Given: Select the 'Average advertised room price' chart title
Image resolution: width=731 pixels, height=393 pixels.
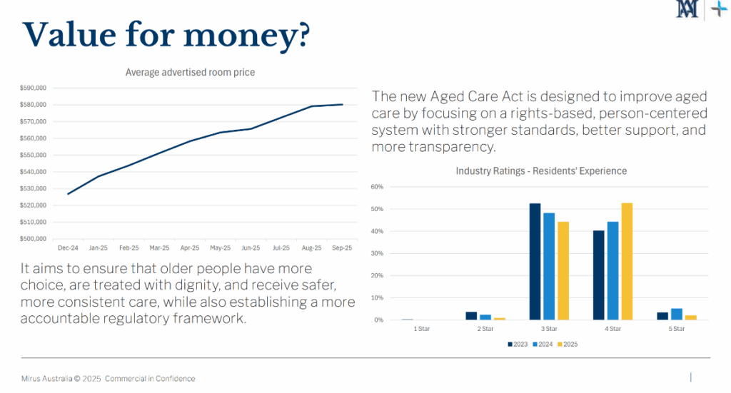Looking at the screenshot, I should point(190,72).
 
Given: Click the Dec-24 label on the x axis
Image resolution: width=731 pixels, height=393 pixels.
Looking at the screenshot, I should point(68,248).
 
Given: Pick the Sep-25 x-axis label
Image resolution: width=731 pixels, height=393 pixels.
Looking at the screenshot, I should point(342,248).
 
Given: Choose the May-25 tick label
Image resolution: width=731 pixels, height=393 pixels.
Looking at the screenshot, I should point(220,248).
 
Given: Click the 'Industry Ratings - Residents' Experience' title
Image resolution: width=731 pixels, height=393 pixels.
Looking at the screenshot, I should point(541,171).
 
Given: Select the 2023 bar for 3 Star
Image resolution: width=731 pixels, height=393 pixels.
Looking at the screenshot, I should point(535,262).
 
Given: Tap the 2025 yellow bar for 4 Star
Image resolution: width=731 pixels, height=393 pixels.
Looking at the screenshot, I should point(627,262).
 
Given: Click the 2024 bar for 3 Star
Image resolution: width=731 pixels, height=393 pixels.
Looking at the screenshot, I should point(549,266).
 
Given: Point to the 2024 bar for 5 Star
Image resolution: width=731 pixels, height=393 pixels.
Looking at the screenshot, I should point(677,315).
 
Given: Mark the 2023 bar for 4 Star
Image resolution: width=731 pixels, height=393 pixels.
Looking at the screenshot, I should point(599,275).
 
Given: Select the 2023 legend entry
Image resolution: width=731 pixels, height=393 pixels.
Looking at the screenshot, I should point(518,344).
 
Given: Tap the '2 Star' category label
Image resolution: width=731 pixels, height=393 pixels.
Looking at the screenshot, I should point(485,329).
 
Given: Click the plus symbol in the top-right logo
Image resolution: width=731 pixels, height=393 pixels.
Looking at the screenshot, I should point(719,9).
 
